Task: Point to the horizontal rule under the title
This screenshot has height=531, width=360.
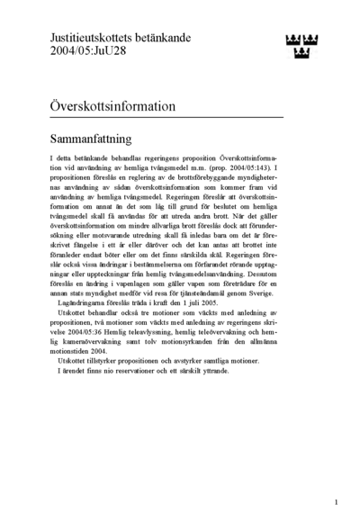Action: point(166,118)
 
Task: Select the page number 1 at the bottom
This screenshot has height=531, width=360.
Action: point(336,502)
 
